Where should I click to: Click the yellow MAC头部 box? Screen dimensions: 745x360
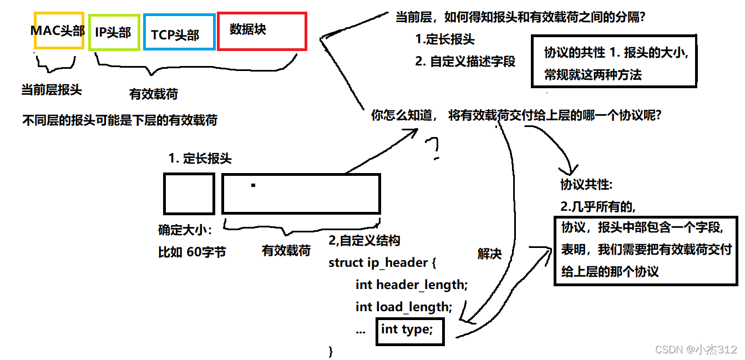(58, 31)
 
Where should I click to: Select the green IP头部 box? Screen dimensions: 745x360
(113, 33)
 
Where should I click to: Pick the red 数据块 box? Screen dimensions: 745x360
(261, 31)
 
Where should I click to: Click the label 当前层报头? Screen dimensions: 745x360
(52, 90)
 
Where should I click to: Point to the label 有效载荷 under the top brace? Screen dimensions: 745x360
(154, 94)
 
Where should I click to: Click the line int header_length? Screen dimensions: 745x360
(412, 285)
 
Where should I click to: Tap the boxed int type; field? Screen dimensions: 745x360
(409, 331)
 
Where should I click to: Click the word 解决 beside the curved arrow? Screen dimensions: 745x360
(489, 254)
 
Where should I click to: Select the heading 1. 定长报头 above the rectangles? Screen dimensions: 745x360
(200, 159)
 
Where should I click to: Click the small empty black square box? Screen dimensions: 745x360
(189, 194)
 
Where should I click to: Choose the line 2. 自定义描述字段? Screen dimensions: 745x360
(465, 62)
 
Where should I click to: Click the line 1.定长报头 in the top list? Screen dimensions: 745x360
(445, 40)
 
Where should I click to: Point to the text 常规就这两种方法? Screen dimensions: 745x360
(593, 75)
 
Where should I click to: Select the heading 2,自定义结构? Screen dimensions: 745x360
(364, 241)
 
